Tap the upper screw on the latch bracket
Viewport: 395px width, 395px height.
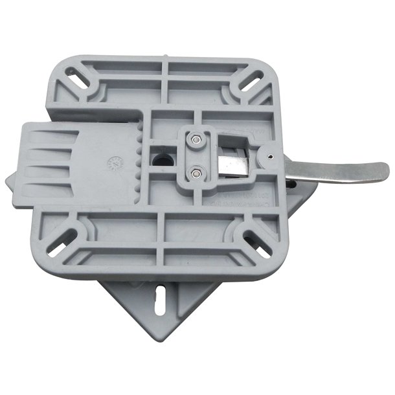(195, 138)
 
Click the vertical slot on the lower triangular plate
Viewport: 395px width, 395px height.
(158, 300)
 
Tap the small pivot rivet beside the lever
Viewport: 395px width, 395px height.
(269, 156)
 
